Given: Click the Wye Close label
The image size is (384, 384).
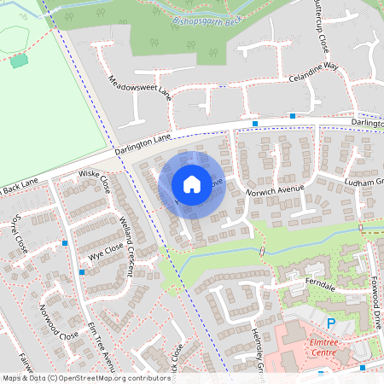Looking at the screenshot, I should (101, 250).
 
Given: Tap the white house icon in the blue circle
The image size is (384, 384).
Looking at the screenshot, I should (192, 183).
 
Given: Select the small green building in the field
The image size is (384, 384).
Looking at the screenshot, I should (19, 60).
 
